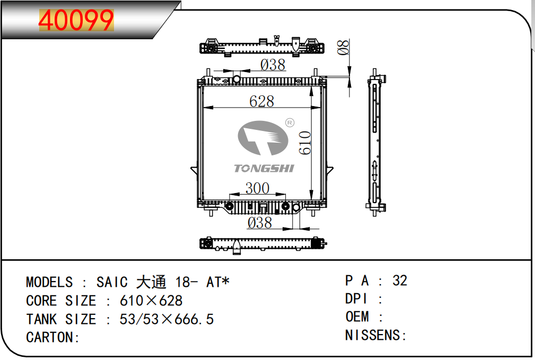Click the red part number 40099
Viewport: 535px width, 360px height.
pos(76,21)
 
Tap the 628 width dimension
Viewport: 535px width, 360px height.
pos(262,101)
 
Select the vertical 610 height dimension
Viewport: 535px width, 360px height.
pos(305,143)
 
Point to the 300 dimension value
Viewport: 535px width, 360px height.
pos(258,188)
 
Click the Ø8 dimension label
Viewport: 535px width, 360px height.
pos(343,47)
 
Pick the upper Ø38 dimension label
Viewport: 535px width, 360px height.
pos(273,65)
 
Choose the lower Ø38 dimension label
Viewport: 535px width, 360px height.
pos(260,223)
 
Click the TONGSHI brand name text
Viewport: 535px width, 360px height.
pos(264,168)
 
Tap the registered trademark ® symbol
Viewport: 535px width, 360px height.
pos(290,122)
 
